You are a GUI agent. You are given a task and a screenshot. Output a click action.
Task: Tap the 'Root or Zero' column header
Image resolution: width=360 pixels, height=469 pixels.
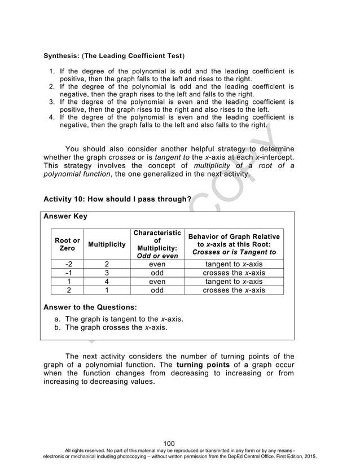(x=67, y=245)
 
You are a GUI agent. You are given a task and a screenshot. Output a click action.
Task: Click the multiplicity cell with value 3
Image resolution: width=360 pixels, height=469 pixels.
(x=107, y=273)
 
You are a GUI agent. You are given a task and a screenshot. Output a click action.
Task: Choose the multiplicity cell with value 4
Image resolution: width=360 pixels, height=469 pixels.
(x=107, y=282)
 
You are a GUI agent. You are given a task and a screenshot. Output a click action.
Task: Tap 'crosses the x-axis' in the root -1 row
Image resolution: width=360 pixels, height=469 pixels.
(x=234, y=273)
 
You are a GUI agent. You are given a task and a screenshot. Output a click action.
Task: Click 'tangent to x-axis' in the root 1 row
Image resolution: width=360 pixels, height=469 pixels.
(x=234, y=282)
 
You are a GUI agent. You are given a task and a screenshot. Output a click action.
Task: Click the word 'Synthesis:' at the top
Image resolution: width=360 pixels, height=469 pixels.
(x=63, y=57)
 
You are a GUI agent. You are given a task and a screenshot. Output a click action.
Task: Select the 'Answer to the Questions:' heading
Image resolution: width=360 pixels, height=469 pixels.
(x=90, y=308)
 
